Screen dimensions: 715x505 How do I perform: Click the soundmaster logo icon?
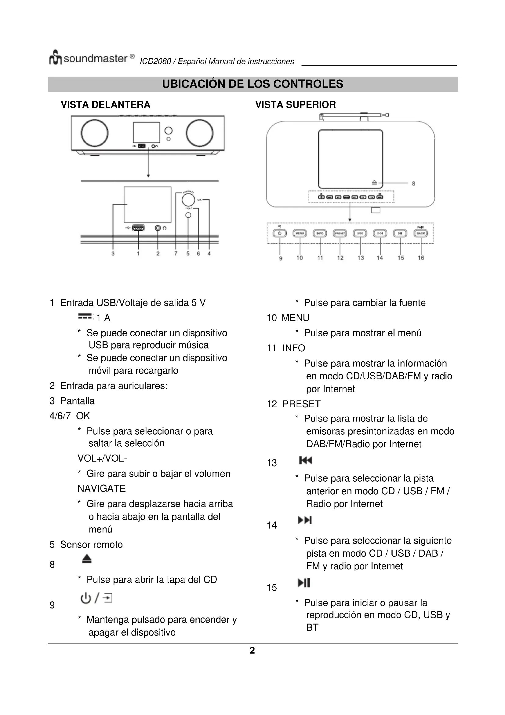coord(56,57)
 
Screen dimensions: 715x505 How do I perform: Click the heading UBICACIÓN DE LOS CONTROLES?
coord(252,84)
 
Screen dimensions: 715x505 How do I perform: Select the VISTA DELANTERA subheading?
coord(105,105)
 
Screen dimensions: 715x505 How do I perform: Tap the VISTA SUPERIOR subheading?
coord(296,105)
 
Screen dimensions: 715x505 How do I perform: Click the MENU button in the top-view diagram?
coord(300,233)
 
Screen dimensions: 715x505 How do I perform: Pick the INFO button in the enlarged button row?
coord(320,233)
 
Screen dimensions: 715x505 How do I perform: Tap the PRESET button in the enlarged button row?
coord(340,233)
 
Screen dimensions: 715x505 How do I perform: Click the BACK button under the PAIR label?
coord(421,233)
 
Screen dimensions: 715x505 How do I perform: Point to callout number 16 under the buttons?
coord(421,258)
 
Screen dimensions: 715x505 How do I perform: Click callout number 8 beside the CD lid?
coord(414,184)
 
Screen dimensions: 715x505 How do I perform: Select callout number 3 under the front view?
coord(113,253)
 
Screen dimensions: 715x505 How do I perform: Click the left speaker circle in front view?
coord(95,133)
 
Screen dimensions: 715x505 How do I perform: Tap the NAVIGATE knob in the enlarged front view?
coord(188,200)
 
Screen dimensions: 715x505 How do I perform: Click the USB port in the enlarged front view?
coord(138,228)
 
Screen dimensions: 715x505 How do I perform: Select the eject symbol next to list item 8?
coord(87,559)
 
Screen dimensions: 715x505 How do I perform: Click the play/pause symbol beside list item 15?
coord(304,583)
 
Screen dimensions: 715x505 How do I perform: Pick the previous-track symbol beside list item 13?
coord(305,460)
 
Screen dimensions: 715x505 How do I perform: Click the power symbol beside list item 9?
coord(85,598)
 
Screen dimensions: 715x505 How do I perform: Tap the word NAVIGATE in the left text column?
coord(101,488)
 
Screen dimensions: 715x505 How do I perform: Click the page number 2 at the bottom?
coord(252,650)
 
